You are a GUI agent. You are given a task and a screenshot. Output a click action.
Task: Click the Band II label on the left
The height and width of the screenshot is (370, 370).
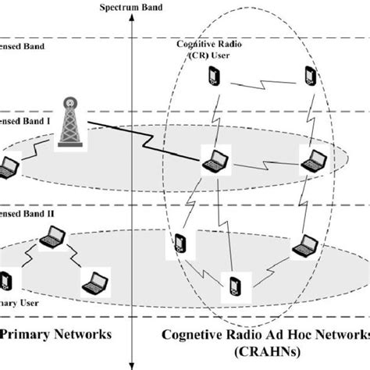coord(27,212)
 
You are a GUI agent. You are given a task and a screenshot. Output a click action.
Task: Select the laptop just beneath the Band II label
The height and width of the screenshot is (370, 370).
coord(54,235)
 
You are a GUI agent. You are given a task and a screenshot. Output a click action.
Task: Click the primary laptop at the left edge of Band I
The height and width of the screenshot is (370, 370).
coord(9,166)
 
